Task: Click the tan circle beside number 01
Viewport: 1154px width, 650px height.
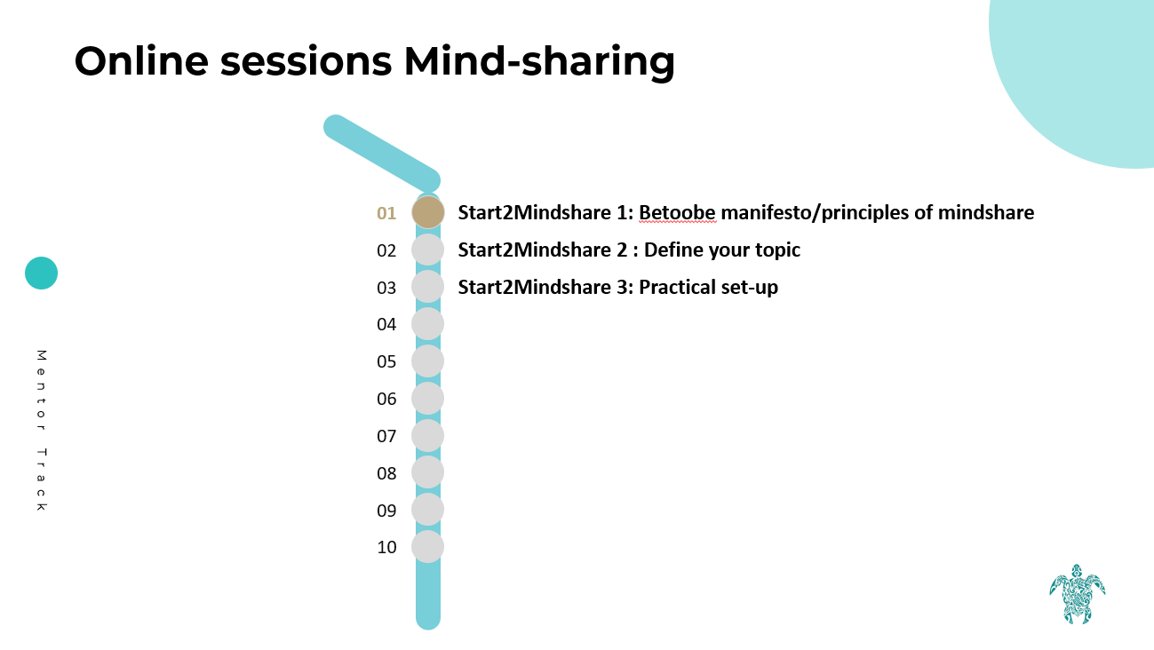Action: tap(428, 212)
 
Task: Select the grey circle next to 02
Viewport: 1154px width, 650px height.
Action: tap(427, 250)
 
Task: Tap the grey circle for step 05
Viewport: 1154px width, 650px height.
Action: tap(427, 361)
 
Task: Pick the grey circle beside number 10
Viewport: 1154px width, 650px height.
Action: tap(427, 546)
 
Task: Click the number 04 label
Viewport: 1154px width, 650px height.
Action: tap(386, 324)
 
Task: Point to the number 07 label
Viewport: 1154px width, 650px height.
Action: tap(386, 436)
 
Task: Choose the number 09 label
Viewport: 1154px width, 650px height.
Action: tap(386, 511)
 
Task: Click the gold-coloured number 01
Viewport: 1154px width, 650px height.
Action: tap(386, 213)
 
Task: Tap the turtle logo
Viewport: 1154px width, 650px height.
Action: tap(1078, 594)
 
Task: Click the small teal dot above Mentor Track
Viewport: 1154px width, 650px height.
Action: tap(41, 273)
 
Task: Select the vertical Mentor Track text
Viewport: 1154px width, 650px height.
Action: tap(42, 431)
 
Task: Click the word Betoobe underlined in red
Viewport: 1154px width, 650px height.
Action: tap(677, 213)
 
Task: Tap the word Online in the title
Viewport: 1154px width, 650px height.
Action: tap(141, 60)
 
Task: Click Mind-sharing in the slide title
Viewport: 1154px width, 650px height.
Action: tap(539, 62)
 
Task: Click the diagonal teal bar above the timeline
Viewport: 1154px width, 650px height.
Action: tap(382, 154)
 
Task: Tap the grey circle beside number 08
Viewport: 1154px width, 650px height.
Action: tap(427, 472)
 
